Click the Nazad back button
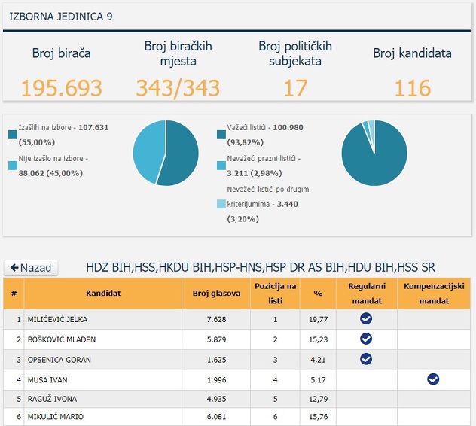[31, 268]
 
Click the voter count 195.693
[61, 88]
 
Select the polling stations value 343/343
[178, 88]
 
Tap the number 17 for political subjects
[295, 88]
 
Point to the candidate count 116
[413, 88]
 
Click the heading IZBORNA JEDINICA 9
[61, 16]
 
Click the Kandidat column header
[103, 294]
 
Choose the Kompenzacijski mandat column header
[434, 294]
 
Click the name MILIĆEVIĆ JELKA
[57, 319]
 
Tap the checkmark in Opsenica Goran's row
[366, 359]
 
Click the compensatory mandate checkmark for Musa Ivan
[433, 379]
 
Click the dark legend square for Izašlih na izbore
[13, 134]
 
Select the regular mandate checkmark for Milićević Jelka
[366, 319]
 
